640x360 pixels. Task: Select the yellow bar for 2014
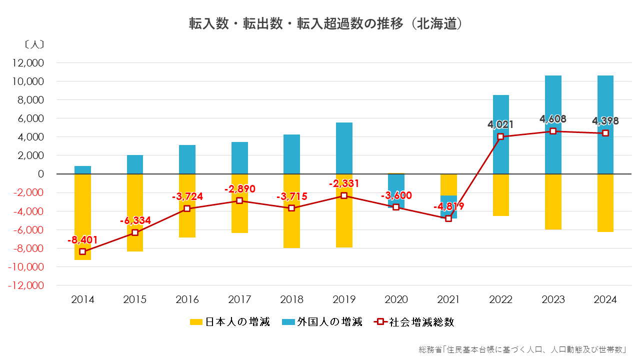pos(82,210)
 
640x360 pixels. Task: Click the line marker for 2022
pos(500,136)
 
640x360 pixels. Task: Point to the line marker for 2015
pos(135,232)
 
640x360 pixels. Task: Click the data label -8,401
pos(82,240)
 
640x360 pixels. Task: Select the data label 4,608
pos(553,119)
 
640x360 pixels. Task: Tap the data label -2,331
pos(344,183)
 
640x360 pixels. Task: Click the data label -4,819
pos(448,206)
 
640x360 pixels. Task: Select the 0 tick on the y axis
pos(40,174)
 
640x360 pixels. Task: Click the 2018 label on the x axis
pos(291,300)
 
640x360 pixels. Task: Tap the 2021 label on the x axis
pos(448,300)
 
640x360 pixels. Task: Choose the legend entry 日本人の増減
pos(230,322)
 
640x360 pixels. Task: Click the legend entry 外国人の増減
pos(322,322)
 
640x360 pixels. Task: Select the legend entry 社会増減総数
pos(414,322)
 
